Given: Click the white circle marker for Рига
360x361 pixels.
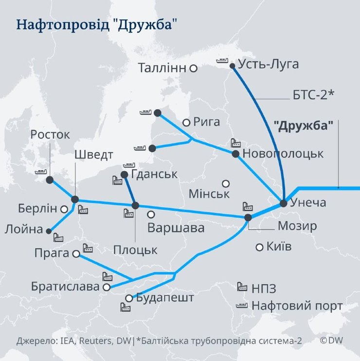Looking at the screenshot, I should point(186,123).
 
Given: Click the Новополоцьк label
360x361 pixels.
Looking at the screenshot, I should point(283,154).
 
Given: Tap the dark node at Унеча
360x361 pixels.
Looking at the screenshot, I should point(284,203).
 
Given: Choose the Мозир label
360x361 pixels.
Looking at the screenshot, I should point(297,226).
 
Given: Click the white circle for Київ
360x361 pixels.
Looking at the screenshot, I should point(259,247).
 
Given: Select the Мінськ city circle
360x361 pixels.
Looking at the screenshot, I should point(226,183).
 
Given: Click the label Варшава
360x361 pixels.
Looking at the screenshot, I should point(176,228).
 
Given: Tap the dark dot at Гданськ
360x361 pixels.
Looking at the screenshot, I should point(124,174).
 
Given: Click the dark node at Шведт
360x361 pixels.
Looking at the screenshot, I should point(75,199).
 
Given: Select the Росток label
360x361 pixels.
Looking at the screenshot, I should point(50,135).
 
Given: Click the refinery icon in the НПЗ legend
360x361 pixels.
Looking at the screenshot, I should point(241,287).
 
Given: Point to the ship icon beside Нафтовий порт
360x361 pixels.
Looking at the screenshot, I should point(241,306).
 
